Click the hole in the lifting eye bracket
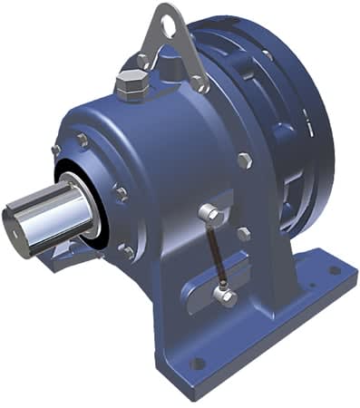169,25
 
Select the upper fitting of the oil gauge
208,213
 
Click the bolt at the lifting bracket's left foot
143,62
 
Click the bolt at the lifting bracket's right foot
200,85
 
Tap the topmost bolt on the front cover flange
83,140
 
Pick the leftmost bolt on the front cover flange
56,150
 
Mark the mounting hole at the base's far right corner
336,270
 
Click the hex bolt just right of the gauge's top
244,232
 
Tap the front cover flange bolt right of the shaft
120,193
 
